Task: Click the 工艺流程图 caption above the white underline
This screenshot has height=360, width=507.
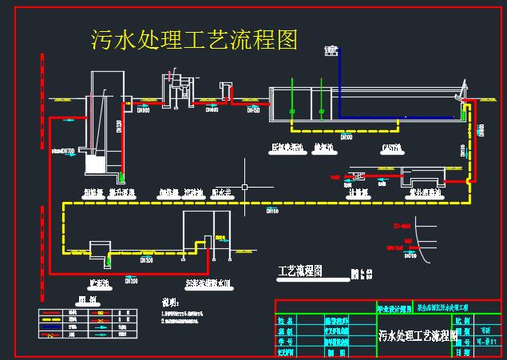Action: pyautogui.click(x=299, y=271)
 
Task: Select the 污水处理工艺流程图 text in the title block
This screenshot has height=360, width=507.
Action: pyautogui.click(x=416, y=334)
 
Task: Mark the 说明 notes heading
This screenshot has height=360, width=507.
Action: pyautogui.click(x=171, y=303)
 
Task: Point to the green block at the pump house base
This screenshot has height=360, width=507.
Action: pyautogui.click(x=122, y=177)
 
